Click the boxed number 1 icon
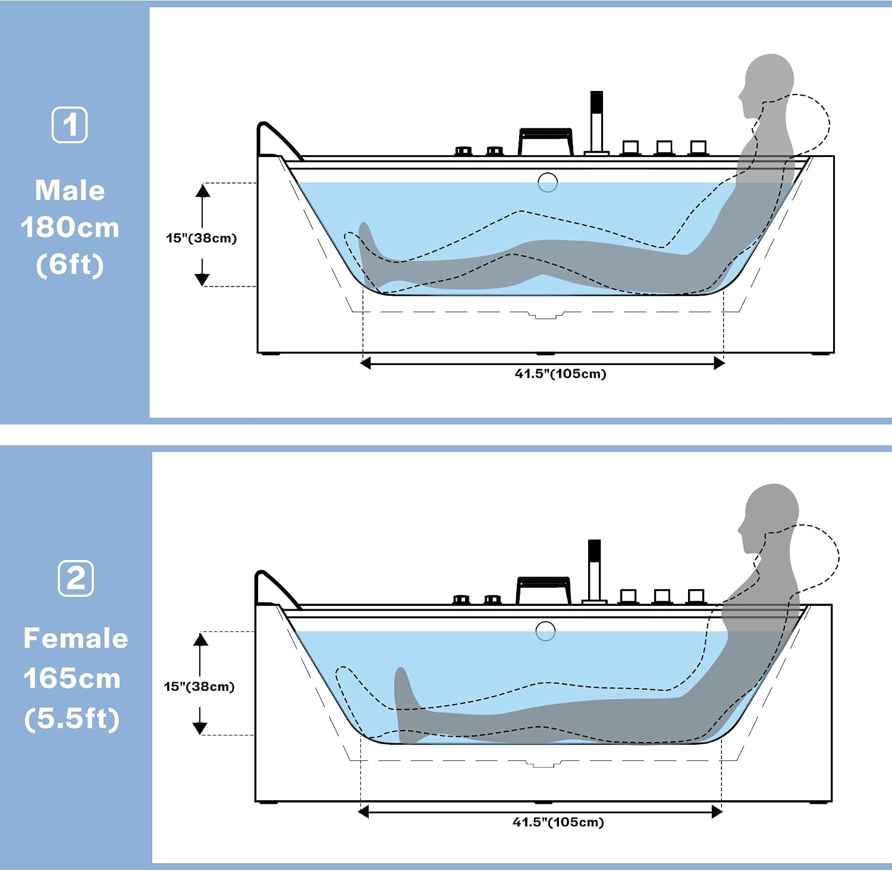pyautogui.click(x=70, y=125)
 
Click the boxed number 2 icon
pyautogui.click(x=76, y=578)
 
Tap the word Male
pyautogui.click(x=70, y=191)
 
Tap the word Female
pyautogui.click(x=76, y=639)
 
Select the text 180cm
pyautogui.click(x=70, y=228)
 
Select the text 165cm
pyautogui.click(x=72, y=678)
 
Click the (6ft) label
pyautogui.click(x=70, y=265)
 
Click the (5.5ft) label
pyautogui.click(x=72, y=718)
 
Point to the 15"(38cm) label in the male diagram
pyautogui.click(x=202, y=238)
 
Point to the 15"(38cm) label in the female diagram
pyautogui.click(x=199, y=687)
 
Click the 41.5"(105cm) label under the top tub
pyautogui.click(x=560, y=374)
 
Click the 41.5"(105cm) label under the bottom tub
pyautogui.click(x=558, y=822)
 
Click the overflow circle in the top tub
pyautogui.click(x=548, y=182)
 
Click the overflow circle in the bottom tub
pyautogui.click(x=545, y=631)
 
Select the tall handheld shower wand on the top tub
pyautogui.click(x=596, y=122)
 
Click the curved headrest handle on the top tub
pyautogui.click(x=277, y=140)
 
